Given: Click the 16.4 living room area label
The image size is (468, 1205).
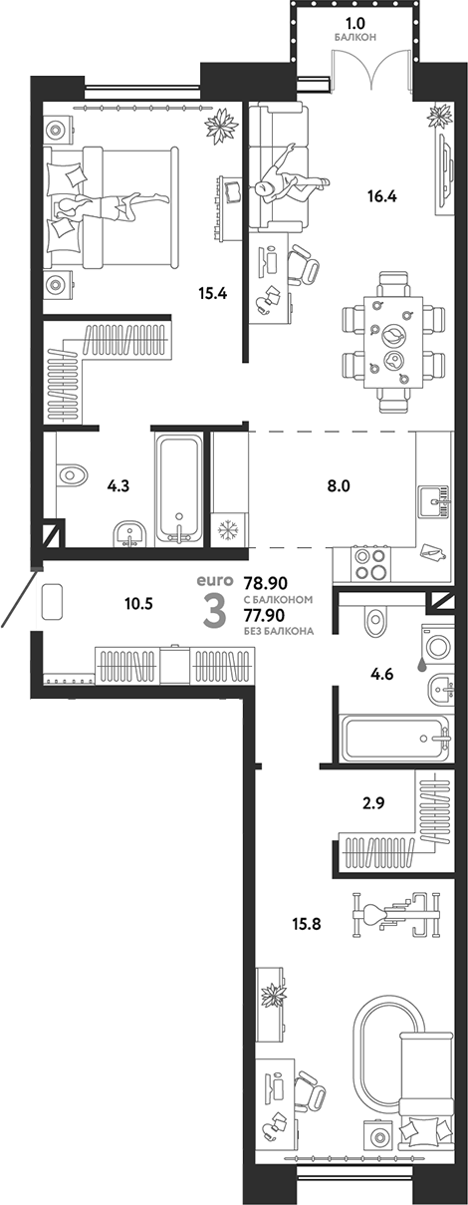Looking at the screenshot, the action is tap(381, 197).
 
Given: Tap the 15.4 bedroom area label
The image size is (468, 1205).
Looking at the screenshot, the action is tap(213, 294).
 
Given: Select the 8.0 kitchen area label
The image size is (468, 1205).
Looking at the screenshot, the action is tap(338, 486).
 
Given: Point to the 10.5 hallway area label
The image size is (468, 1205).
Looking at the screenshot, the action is tap(138, 604).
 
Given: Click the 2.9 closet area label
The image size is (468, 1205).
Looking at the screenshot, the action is tap(373, 803).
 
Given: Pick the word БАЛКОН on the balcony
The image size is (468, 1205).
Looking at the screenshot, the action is tap(354, 38).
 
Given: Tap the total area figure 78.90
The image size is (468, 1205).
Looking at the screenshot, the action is tap(266, 583).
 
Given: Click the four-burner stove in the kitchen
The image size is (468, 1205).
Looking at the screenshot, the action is tap(371, 563).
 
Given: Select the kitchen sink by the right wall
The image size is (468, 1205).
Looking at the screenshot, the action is tap(435, 501).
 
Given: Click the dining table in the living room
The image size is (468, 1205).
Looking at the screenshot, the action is tap(392, 344).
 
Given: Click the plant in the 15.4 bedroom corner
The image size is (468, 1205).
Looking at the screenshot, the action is tap(220, 126).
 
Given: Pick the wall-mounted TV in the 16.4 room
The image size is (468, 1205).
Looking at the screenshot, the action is tap(444, 173).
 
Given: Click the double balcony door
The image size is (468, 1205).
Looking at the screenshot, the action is tap(372, 67).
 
